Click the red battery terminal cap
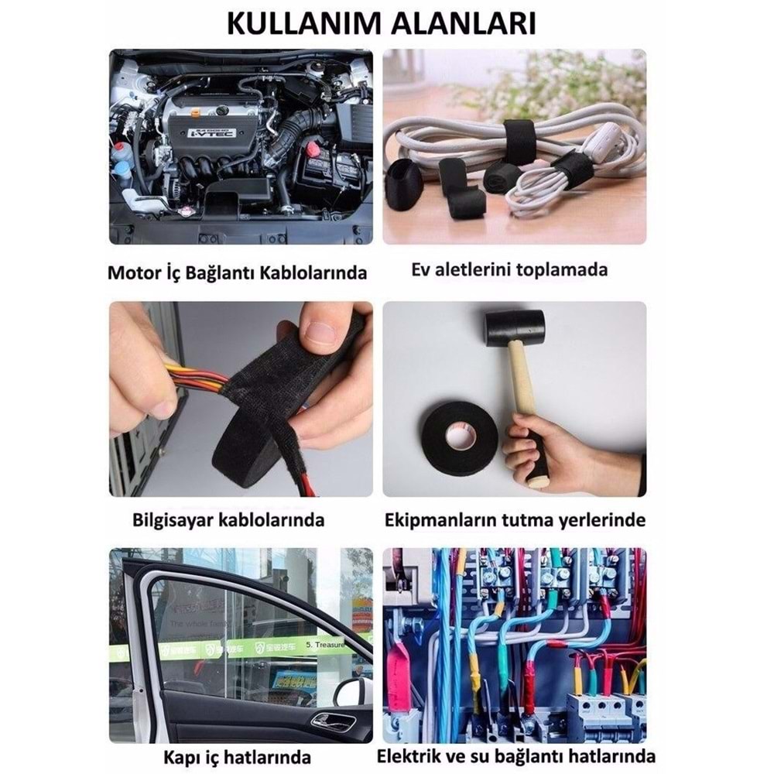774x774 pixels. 313,147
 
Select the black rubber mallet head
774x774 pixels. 514,328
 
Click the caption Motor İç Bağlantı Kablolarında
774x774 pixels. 237,273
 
